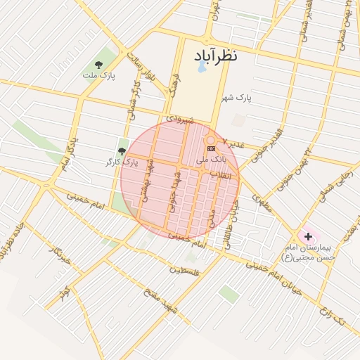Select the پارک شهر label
point(235,97)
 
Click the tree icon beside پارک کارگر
point(122,151)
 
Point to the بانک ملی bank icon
point(210,149)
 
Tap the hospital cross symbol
point(307,236)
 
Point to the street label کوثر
point(65,290)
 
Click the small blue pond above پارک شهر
point(202,67)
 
